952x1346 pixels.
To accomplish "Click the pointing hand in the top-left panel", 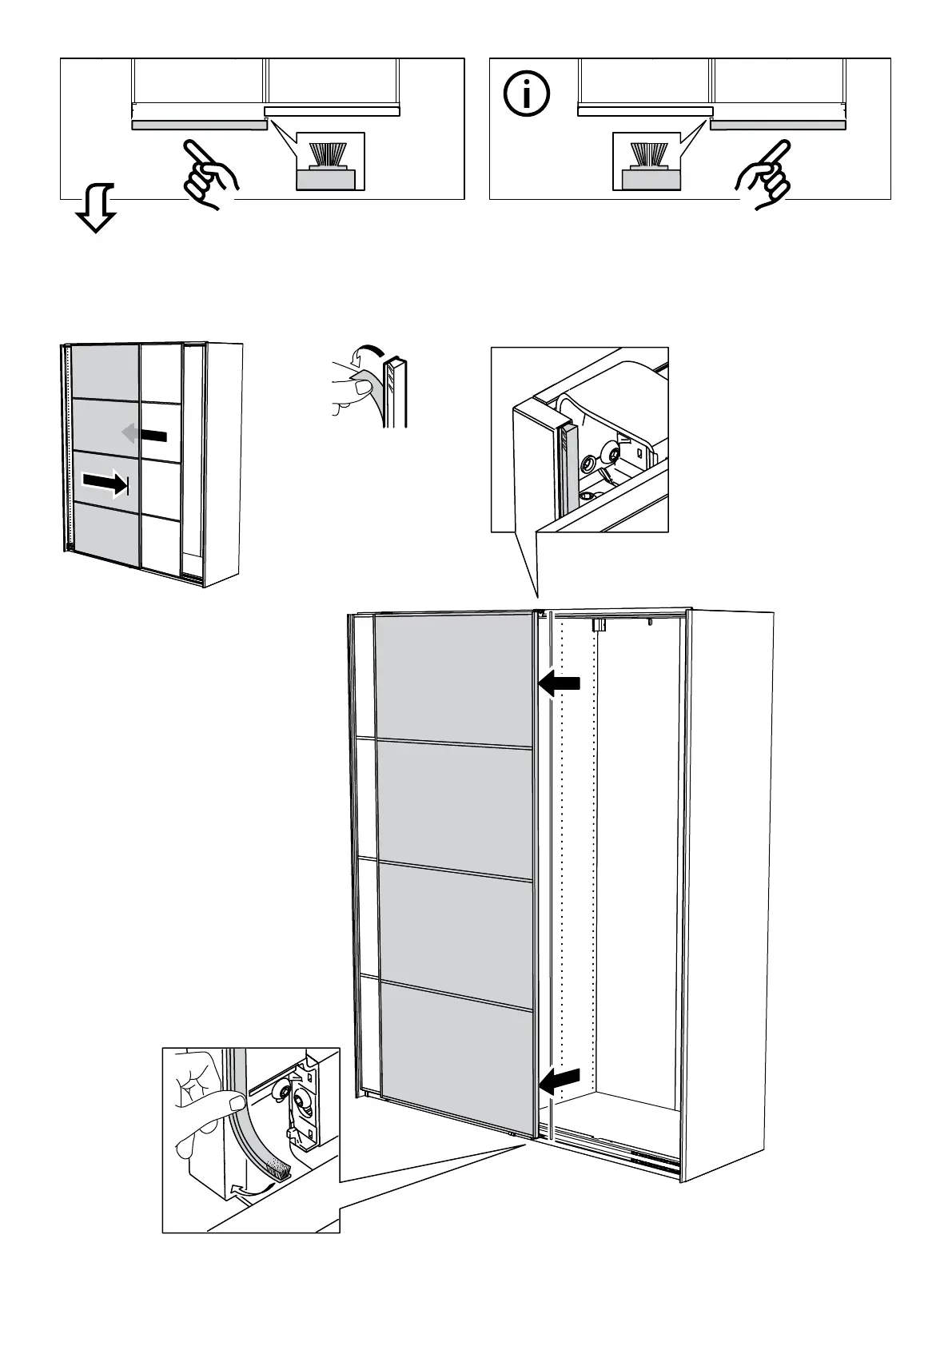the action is coord(209,173).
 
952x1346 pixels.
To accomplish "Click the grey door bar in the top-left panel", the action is coord(198,125).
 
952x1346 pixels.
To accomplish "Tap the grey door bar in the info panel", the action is coord(778,125).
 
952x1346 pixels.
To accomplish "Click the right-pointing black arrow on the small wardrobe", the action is coord(105,483).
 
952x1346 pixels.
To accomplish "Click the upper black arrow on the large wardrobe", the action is coord(560,683).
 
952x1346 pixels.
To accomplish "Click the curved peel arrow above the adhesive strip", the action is coord(368,352).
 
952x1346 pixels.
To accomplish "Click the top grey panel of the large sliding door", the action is coord(454,675).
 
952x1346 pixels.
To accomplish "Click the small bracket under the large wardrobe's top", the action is coord(597,625).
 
